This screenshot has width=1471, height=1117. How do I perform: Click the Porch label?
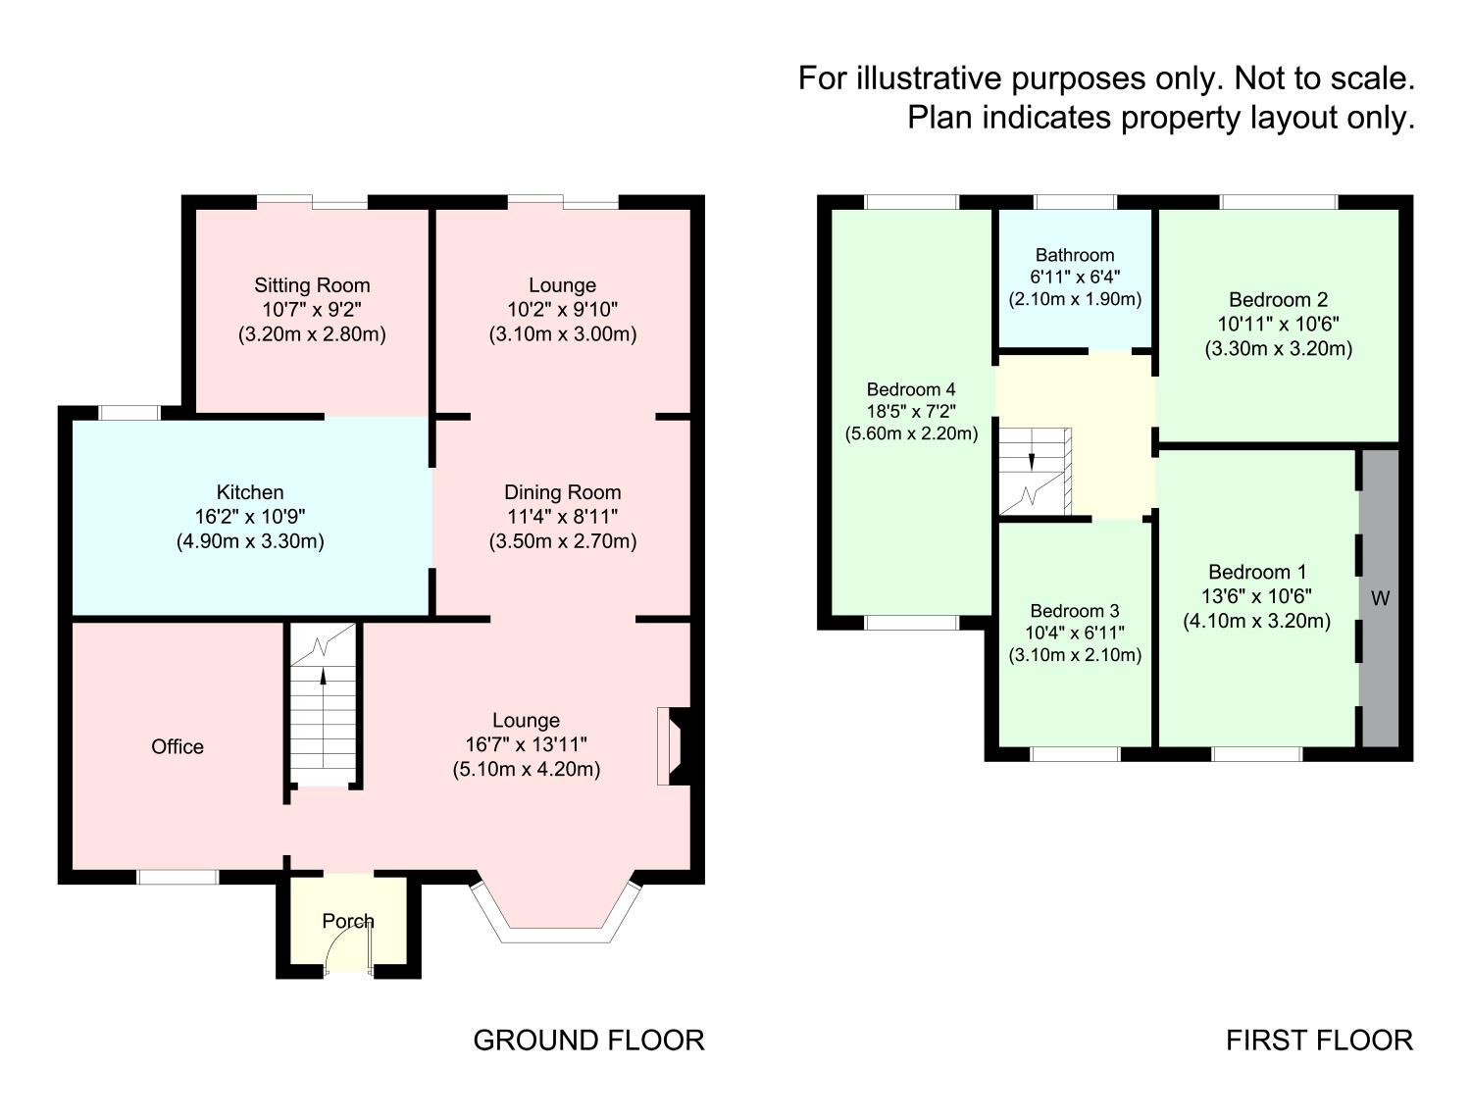(348, 921)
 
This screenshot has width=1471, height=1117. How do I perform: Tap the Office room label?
(178, 746)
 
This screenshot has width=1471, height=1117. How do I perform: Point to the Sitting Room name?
(312, 285)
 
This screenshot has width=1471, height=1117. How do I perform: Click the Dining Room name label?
(562, 492)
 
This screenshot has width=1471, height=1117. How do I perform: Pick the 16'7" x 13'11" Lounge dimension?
(527, 745)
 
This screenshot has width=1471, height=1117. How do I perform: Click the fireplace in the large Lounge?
(675, 745)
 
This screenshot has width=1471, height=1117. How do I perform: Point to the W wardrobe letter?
(1380, 598)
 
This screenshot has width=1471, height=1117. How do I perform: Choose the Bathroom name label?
(1075, 255)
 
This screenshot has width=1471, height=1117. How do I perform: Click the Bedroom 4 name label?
(911, 389)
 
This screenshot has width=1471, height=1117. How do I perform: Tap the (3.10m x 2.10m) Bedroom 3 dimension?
(1075, 655)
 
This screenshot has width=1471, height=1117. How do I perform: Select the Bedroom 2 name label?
(1278, 300)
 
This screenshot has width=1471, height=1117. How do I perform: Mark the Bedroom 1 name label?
(1256, 572)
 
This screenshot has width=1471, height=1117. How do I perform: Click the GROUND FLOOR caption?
(588, 1040)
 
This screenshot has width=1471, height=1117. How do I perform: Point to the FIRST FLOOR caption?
(1319, 1040)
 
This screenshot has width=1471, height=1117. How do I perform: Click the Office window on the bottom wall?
(178, 877)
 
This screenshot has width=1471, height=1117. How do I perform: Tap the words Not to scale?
(1324, 77)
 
